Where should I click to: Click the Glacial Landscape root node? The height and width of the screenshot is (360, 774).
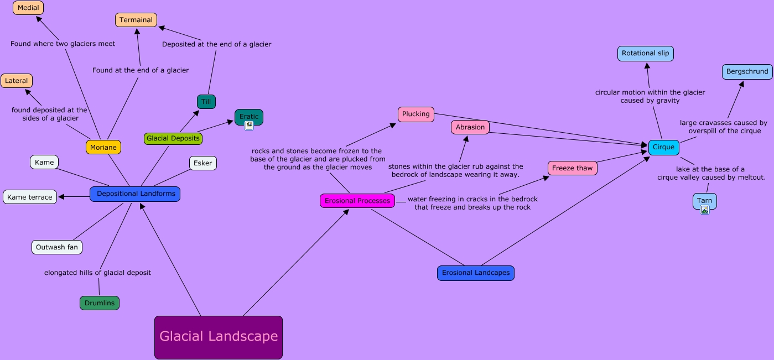[x=219, y=337]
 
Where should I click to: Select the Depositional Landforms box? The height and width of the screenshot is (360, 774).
[x=135, y=194]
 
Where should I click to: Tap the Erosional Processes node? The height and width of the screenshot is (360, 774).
[x=357, y=201]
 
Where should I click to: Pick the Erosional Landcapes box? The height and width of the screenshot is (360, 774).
[x=476, y=273]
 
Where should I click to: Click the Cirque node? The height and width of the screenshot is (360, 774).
[x=663, y=148]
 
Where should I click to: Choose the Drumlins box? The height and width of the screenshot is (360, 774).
[x=100, y=303]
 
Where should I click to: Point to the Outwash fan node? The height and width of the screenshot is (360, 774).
[x=57, y=247]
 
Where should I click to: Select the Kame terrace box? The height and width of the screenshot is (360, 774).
[x=30, y=197]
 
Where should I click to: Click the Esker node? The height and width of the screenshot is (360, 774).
[x=203, y=163]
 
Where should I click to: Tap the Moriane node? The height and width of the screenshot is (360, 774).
[x=103, y=148]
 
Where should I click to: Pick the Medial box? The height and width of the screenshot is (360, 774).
[x=28, y=8]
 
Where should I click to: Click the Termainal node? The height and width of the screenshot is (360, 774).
[x=136, y=20]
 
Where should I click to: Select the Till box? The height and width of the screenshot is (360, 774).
[x=206, y=102]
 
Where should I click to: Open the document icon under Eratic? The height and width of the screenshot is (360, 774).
[x=249, y=126]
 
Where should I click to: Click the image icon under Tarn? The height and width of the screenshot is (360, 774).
[x=705, y=210]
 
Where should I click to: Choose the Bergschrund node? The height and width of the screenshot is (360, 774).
[x=747, y=72]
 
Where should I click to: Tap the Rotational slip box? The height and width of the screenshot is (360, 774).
[x=645, y=54]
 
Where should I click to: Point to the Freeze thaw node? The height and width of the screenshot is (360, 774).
[x=573, y=168]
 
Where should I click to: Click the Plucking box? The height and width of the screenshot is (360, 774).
[x=416, y=114]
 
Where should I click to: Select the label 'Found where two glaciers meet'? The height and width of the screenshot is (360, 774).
[x=63, y=44]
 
